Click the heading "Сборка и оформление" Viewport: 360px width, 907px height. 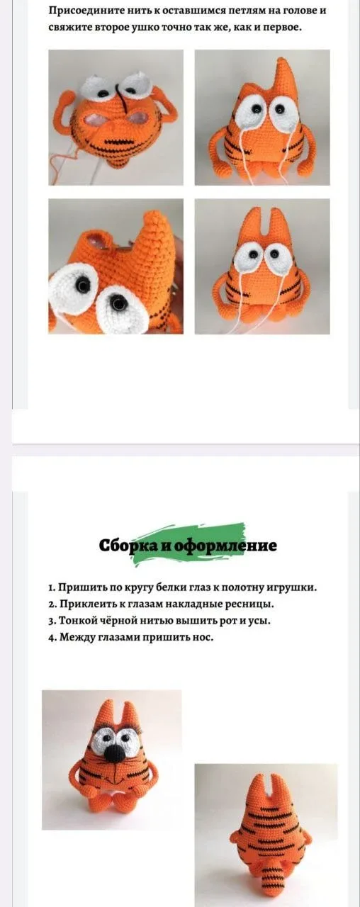click(188, 545)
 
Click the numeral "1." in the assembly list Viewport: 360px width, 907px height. click(52, 587)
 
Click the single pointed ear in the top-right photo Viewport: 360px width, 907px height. click(283, 75)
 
